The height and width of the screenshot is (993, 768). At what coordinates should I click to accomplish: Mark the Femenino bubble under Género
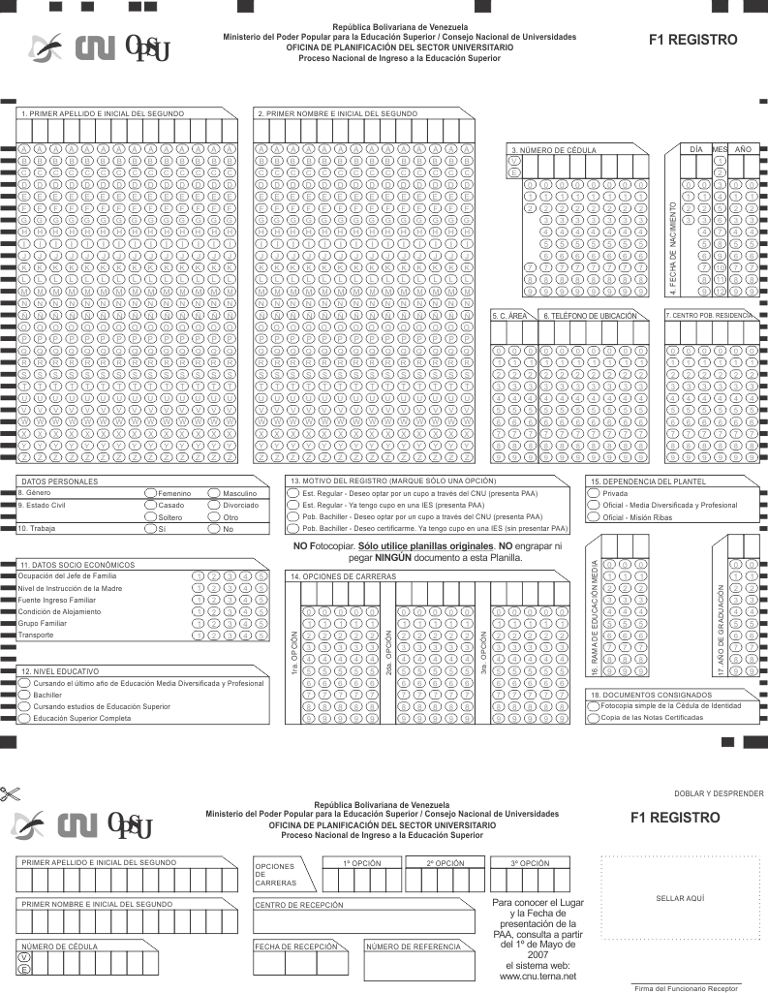[150, 493]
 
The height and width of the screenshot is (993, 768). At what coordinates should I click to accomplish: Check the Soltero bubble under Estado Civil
[150, 517]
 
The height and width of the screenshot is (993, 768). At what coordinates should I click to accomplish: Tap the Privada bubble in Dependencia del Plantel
[593, 493]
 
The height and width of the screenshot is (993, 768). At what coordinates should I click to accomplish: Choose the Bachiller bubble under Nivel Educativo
[24, 695]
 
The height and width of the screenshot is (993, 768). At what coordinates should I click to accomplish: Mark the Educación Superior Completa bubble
[24, 719]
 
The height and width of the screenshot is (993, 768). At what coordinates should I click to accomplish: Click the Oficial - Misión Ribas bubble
[593, 517]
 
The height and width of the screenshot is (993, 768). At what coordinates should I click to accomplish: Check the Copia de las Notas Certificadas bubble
[593, 717]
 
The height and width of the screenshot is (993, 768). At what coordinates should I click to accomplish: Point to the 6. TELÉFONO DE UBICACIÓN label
[591, 316]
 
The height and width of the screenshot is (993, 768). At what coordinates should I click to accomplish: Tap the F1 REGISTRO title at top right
[693, 41]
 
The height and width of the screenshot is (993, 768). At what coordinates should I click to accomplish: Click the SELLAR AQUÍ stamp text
[680, 898]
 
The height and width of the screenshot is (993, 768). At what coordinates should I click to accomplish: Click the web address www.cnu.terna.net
[538, 976]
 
